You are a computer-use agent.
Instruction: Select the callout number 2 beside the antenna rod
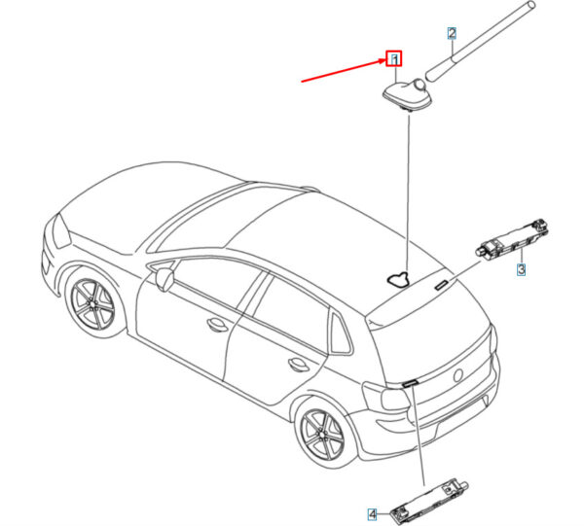452,33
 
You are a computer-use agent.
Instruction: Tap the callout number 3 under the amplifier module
522,269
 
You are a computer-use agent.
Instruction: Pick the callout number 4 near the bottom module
373,514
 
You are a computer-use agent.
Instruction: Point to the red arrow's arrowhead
383,60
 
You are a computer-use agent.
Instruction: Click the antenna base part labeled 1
407,95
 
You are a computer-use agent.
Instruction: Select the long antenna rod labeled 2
481,41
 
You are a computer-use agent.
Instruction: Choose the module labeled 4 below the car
428,503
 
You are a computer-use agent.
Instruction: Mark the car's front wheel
92,301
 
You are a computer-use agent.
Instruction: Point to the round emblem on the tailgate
458,375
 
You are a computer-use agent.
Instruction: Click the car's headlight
61,231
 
